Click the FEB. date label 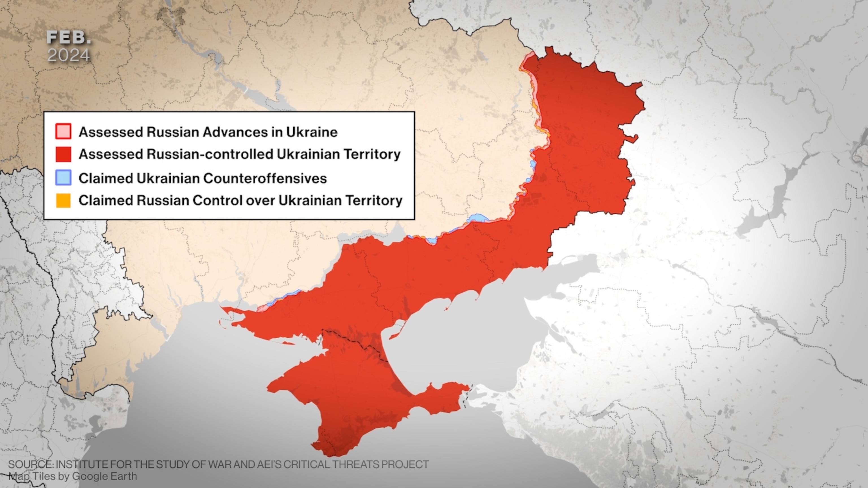tap(68, 38)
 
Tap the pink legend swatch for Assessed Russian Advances tap(63, 132)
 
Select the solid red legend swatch tap(63, 154)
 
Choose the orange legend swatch tap(63, 201)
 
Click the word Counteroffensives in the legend tap(265, 178)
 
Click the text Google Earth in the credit tap(105, 476)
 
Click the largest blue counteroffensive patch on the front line tap(478, 218)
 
